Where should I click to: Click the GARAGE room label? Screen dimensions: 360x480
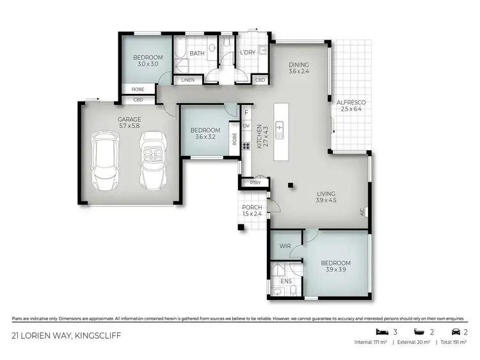click(x=129, y=119)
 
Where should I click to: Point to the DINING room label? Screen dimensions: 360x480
click(x=299, y=65)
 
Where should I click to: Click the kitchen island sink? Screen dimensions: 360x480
click(x=280, y=130)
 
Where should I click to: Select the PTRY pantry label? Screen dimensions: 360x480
click(x=255, y=183)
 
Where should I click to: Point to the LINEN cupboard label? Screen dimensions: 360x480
click(x=188, y=80)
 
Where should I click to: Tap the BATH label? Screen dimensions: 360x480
click(x=196, y=53)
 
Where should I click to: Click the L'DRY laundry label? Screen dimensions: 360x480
click(x=248, y=53)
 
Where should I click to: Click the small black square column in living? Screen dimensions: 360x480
click(x=290, y=185)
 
